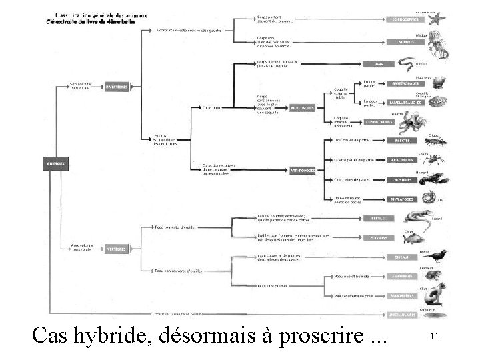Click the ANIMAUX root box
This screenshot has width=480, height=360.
[53, 161]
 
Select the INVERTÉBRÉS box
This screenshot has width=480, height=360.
[117, 87]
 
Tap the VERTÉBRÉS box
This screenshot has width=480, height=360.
[117, 249]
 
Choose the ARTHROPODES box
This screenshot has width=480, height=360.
[303, 169]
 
